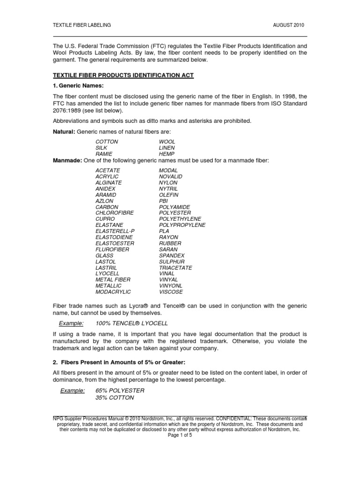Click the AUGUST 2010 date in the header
click(x=292, y=25)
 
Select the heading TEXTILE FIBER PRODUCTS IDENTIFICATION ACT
click(x=123, y=75)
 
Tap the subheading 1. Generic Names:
click(x=78, y=86)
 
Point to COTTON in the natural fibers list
click(x=107, y=142)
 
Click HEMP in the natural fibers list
click(x=167, y=154)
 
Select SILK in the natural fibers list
click(x=101, y=148)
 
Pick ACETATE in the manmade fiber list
click(x=108, y=170)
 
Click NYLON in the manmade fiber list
click(x=168, y=182)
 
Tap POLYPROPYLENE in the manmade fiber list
click(x=182, y=225)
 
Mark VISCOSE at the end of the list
click(x=171, y=292)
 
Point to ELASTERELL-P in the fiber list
click(x=115, y=231)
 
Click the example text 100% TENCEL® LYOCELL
click(x=131, y=324)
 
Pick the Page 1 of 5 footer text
click(x=180, y=435)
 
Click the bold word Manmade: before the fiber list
click(x=67, y=161)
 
